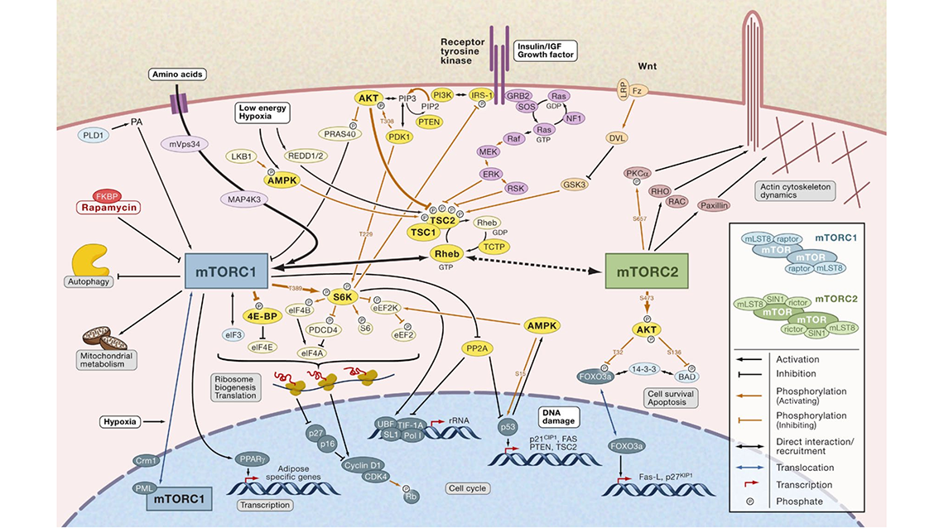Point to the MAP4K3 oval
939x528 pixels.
pos(238,199)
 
